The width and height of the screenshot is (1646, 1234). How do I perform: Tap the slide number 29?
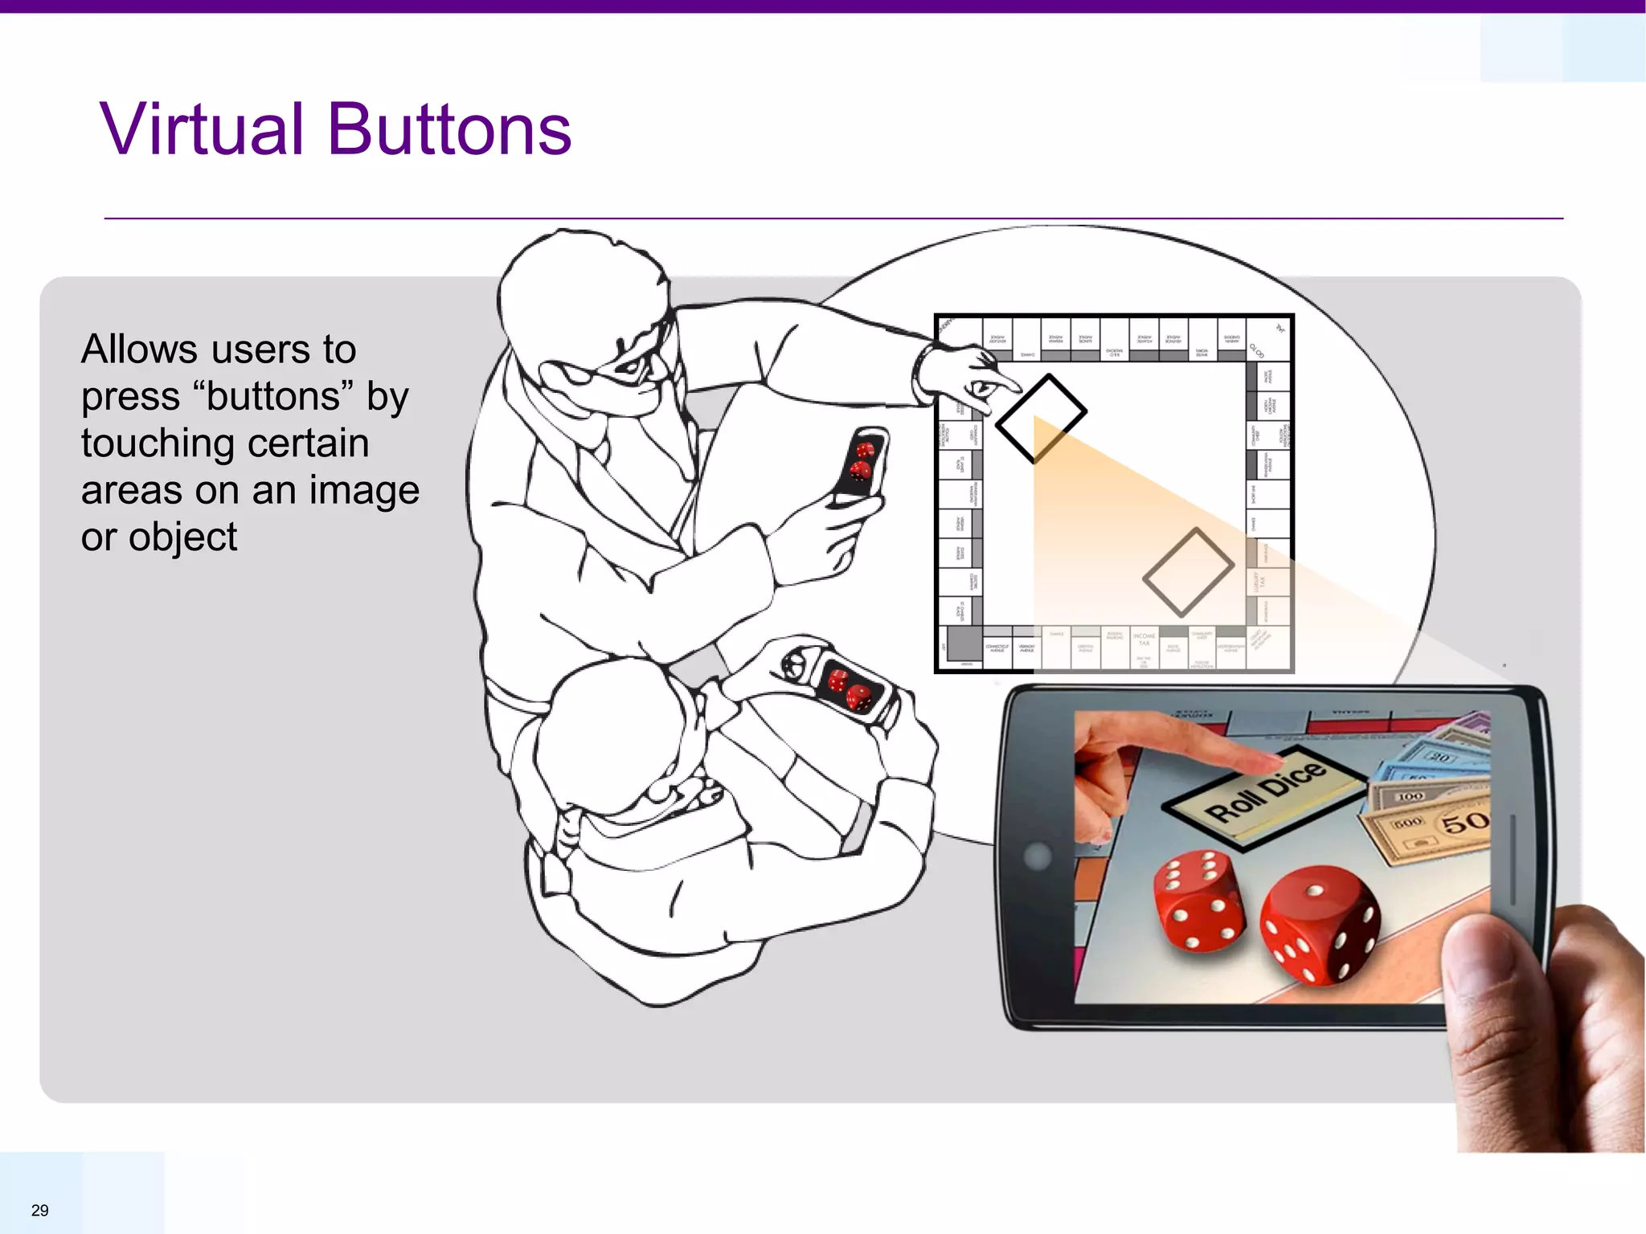coord(39,1210)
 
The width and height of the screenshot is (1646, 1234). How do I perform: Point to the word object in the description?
coord(182,537)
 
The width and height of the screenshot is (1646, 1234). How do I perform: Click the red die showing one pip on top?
coord(1318,924)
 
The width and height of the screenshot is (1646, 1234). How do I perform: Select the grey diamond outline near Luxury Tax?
coord(1188,569)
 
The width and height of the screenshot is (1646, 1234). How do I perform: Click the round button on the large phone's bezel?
coord(1038,856)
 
